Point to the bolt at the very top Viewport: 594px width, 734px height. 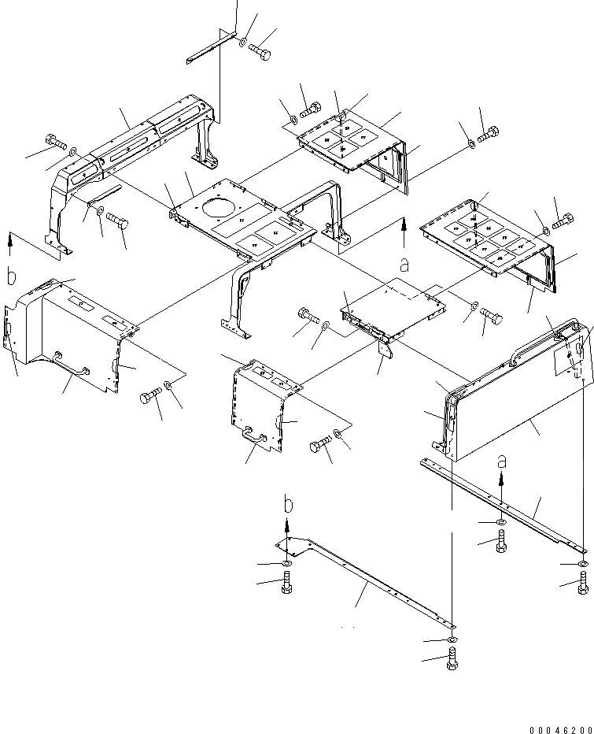click(x=260, y=53)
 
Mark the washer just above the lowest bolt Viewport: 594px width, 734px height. click(x=452, y=639)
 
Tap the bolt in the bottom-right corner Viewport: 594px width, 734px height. click(x=582, y=584)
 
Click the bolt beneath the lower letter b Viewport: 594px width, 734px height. click(x=287, y=584)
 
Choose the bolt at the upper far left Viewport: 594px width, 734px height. click(x=55, y=142)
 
